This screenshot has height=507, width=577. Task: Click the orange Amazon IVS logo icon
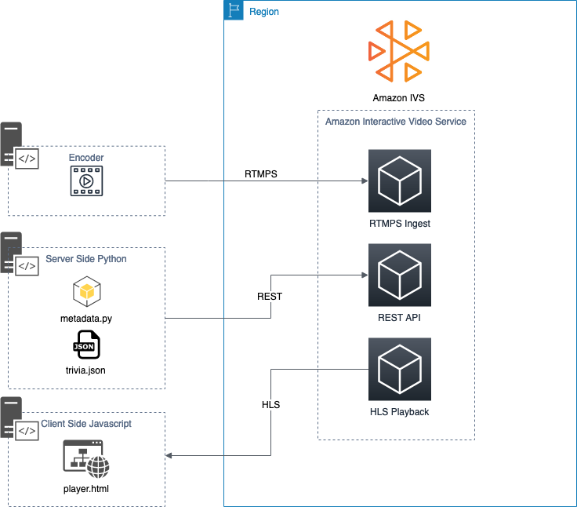(399, 52)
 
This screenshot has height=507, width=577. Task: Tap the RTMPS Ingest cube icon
(400, 181)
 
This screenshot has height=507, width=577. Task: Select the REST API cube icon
(400, 275)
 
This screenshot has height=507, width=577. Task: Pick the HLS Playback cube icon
(400, 369)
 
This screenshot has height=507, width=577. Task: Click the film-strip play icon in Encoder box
(86, 181)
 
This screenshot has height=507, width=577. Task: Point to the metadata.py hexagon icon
(86, 292)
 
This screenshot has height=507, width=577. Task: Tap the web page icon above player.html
(86, 459)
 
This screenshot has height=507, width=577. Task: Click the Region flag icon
(234, 11)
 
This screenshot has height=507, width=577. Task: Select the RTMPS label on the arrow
(261, 172)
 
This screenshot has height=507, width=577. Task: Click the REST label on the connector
(270, 297)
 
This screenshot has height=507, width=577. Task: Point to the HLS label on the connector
(270, 405)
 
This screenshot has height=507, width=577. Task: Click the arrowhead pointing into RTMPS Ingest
(364, 181)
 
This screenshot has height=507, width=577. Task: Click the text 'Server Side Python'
(86, 259)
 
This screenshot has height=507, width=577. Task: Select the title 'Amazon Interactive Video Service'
(396, 122)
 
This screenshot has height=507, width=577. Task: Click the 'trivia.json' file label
(86, 370)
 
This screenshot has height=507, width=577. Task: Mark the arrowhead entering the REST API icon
(364, 275)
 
